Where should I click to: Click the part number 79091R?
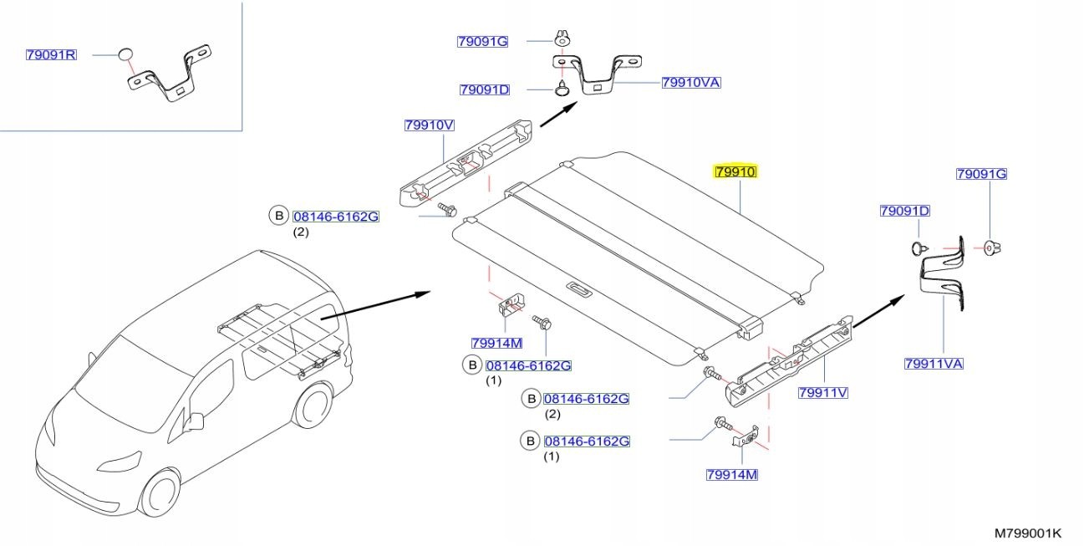tap(51, 55)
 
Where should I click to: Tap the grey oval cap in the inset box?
tap(126, 55)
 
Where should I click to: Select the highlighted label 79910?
tap(735, 172)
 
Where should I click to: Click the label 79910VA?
tap(690, 82)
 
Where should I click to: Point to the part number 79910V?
tap(429, 125)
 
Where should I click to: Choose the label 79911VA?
tap(934, 363)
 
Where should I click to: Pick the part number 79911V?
tap(822, 391)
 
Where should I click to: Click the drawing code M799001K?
tap(1027, 533)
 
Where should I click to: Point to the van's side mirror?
tap(196, 420)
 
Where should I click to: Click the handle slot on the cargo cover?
tap(577, 289)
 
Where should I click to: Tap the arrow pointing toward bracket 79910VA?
tap(557, 115)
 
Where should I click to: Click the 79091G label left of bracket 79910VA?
tap(482, 41)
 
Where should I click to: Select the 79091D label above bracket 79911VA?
tap(904, 211)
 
